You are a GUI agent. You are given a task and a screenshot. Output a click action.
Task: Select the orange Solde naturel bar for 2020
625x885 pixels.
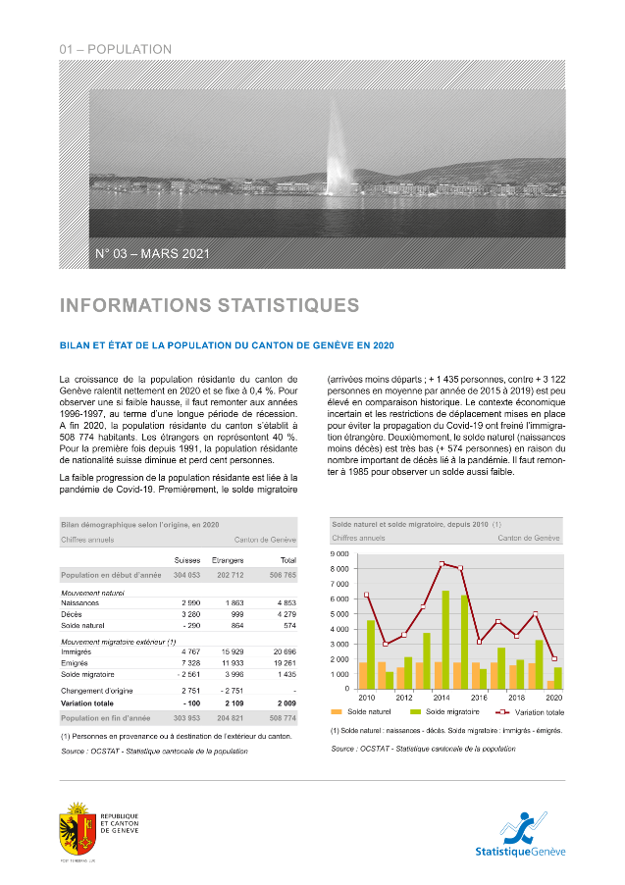550,684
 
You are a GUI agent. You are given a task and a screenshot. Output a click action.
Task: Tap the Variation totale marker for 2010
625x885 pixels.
366,596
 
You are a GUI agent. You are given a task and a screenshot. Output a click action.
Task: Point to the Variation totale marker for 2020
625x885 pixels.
554,658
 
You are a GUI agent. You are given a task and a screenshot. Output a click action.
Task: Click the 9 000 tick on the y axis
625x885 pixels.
342,554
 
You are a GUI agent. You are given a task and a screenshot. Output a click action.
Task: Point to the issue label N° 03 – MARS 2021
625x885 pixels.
152,254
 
